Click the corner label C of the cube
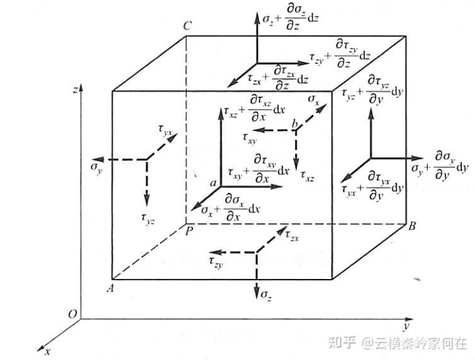(188, 26)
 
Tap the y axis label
(409, 327)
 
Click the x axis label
(47, 352)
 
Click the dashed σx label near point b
(315, 99)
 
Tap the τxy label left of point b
(250, 138)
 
